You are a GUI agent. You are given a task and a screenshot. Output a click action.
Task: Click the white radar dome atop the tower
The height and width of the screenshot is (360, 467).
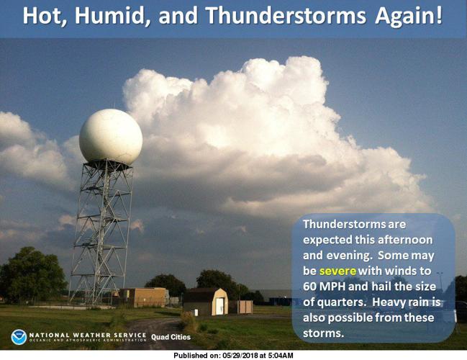click(110, 137)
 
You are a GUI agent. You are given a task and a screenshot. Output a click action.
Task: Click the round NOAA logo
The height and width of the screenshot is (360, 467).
click(19, 336)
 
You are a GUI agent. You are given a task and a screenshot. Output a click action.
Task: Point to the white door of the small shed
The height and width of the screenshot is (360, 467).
click(219, 306)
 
